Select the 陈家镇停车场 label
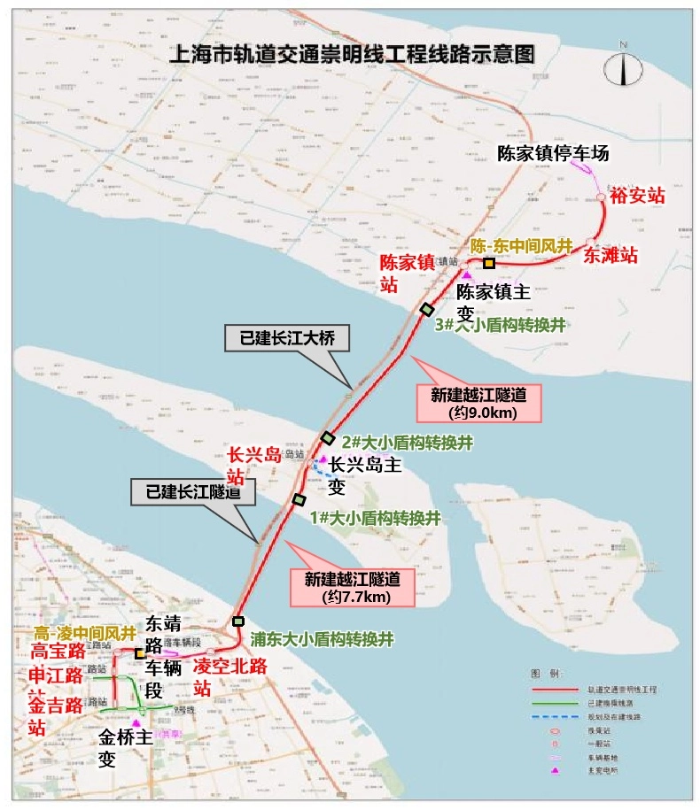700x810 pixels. tap(553, 153)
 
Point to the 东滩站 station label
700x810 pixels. tap(610, 255)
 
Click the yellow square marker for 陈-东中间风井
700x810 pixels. tap(489, 263)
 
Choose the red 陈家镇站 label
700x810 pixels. tap(407, 273)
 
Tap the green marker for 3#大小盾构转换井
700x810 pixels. tap(427, 309)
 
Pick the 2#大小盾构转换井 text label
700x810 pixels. tap(406, 441)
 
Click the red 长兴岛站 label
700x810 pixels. tap(253, 466)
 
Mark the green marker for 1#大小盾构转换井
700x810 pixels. tap(299, 500)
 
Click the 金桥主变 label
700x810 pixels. tap(119, 748)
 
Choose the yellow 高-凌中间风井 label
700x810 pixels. tap(84, 634)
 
